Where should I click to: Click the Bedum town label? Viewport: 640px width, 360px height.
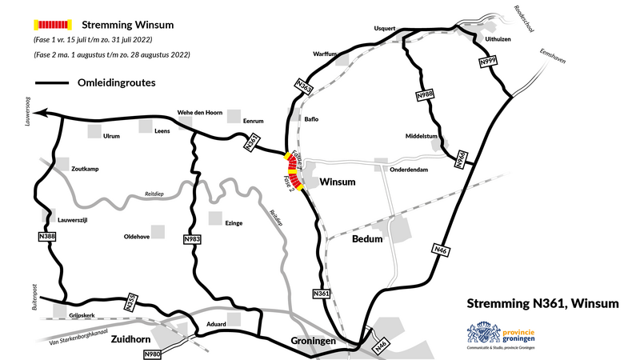point(367,239)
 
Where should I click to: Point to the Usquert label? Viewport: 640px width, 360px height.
point(385,28)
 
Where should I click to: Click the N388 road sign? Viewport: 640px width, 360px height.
point(47,237)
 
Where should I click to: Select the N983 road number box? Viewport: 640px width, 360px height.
point(193,238)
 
